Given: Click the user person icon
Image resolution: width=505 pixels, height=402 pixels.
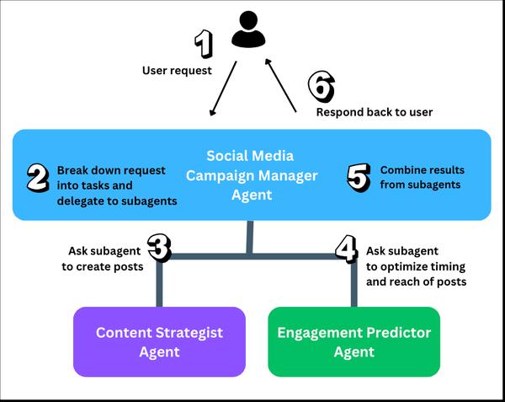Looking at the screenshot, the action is coord(248,29).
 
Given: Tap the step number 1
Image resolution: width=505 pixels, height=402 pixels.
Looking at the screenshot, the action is coord(204,44).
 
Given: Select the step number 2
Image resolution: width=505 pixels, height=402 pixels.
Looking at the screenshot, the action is coord(38,179).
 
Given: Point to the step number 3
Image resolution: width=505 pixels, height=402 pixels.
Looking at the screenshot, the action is coord(159,248).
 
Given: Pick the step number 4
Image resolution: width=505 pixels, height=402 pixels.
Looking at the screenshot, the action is coord(347,249).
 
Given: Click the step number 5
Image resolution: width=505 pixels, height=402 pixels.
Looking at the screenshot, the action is coord(359,178).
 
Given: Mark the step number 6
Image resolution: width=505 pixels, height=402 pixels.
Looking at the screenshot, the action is coord(322,87).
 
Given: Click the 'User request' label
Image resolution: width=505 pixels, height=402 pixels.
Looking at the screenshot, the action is coord(177,70).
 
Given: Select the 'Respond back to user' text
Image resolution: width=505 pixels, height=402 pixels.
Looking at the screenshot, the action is coord(375,112).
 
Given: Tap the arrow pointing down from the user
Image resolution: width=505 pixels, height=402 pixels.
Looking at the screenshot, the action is coord(223,88).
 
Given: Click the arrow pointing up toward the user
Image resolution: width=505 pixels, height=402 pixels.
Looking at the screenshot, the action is coord(280,85).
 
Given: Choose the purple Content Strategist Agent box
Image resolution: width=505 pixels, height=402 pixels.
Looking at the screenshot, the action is coord(159,341).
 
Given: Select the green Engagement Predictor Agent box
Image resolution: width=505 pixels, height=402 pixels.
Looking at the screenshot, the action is coord(354,341).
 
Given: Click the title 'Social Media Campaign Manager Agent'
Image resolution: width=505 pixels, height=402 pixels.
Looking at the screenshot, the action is coord(252,175).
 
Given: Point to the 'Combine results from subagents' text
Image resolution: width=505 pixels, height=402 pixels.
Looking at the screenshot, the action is coord(423,177).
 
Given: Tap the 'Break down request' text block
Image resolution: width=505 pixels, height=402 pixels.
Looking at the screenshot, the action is coord(117,185).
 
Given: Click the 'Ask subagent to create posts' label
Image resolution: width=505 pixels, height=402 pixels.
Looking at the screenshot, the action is coord(103,259).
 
